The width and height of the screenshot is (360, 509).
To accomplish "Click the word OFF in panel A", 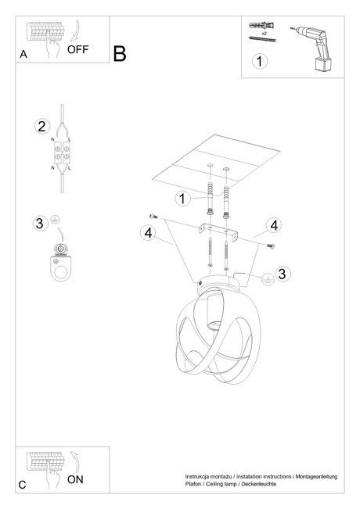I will pyautogui.click(x=79, y=49).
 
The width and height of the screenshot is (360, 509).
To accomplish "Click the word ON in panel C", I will pyautogui.click(x=75, y=479).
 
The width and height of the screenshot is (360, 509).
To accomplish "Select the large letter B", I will pyautogui.click(x=120, y=54).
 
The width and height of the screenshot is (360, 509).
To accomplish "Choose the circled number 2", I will pyautogui.click(x=42, y=127).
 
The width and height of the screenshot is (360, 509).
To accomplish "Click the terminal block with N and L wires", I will pyautogui.click(x=62, y=152).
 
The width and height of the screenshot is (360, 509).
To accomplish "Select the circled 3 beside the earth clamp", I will pyautogui.click(x=40, y=224).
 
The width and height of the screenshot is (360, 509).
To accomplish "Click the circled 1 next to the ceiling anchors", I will pyautogui.click(x=182, y=199).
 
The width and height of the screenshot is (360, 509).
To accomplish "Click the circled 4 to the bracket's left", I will pyautogui.click(x=149, y=232).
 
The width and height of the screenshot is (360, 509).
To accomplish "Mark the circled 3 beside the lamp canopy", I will pyautogui.click(x=283, y=273).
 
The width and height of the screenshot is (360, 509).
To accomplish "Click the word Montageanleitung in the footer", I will pyautogui.click(x=314, y=476).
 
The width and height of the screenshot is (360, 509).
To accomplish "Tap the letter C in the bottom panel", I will pyautogui.click(x=23, y=486).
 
